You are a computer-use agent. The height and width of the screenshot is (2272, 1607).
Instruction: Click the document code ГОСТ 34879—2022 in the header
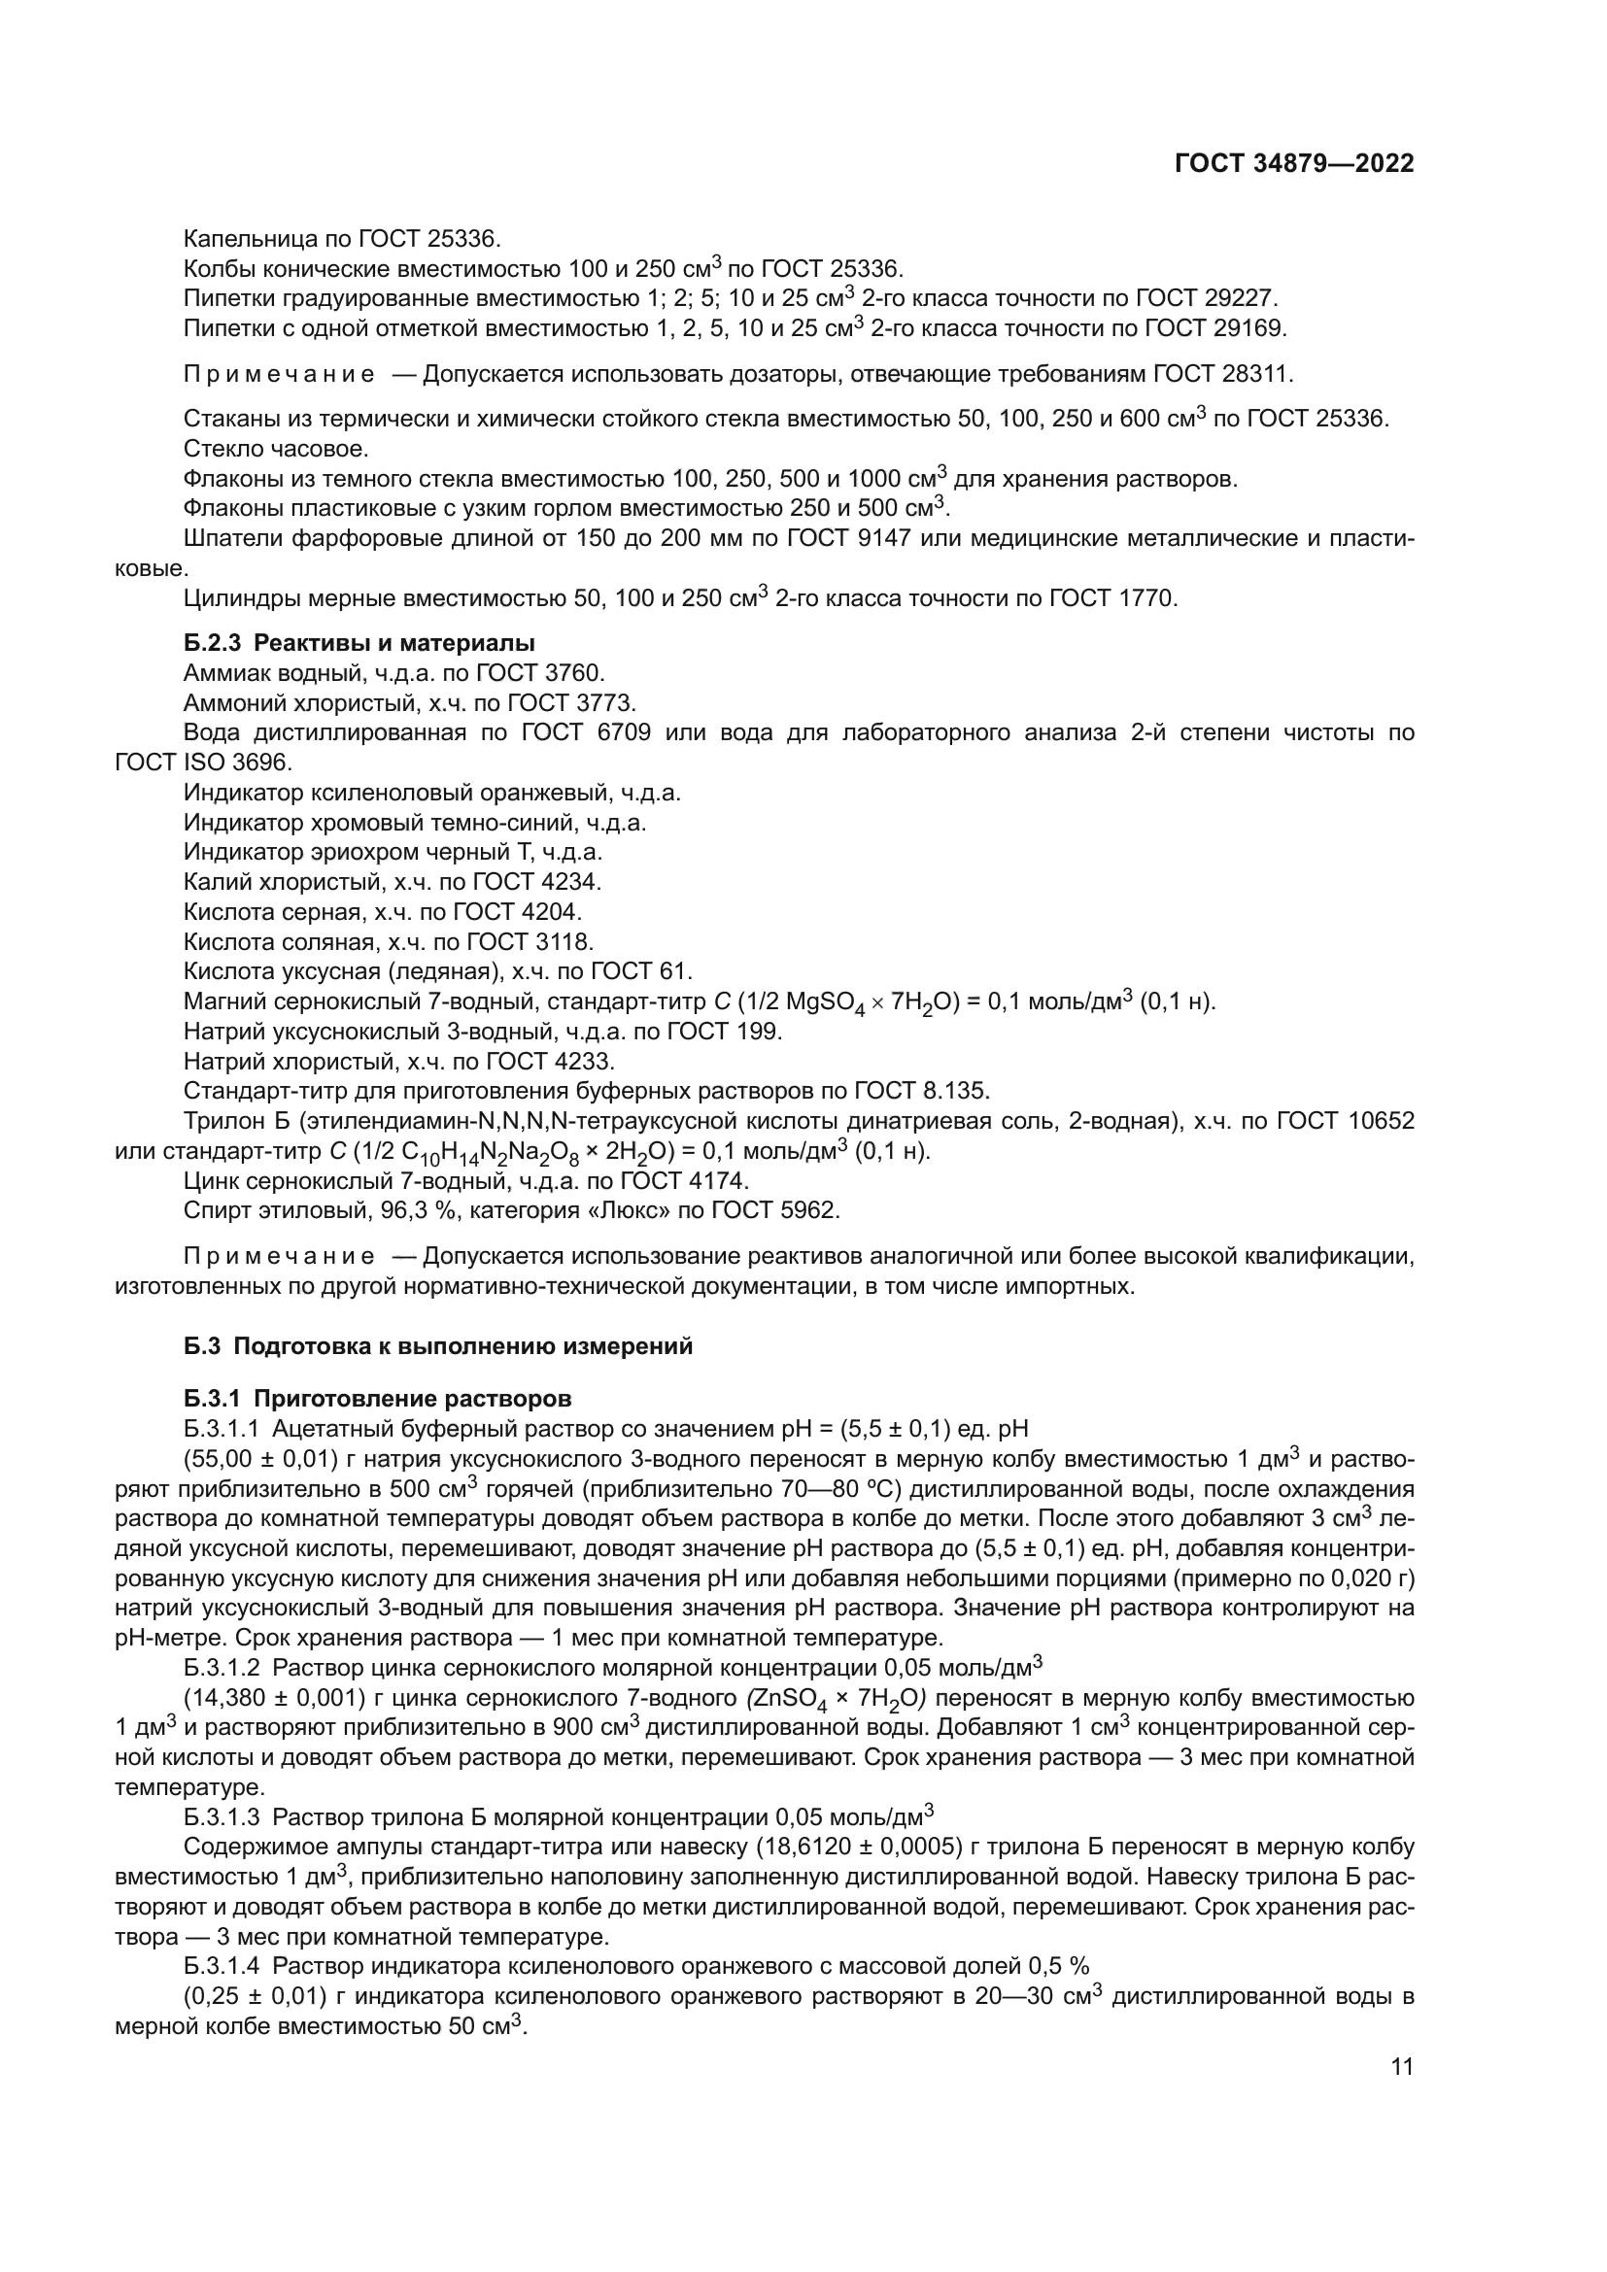coord(1294,164)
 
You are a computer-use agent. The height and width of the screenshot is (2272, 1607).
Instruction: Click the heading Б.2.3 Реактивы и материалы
coord(359,643)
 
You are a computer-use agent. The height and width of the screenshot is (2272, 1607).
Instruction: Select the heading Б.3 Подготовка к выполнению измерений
coord(438,1346)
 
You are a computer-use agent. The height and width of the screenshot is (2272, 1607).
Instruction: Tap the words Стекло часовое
coord(276,450)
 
